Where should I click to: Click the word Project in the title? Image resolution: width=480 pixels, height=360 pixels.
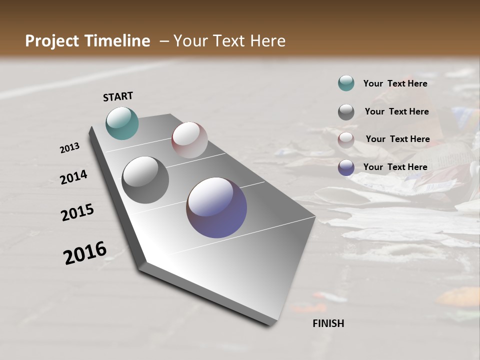click(51, 41)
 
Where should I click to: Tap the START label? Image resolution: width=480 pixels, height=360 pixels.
click(118, 96)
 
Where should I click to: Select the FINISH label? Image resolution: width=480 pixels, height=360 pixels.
click(328, 323)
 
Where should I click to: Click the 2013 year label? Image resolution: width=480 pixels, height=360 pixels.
click(70, 148)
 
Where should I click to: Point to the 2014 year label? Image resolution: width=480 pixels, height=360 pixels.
click(74, 177)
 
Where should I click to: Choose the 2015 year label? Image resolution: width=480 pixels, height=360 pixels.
click(77, 212)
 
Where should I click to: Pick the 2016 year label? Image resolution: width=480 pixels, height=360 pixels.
click(85, 253)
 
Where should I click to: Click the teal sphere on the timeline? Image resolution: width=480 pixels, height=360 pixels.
click(122, 123)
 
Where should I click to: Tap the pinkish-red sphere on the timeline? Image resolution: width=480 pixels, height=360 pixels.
click(189, 140)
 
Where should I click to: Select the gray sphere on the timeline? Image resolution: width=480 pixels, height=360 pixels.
click(145, 180)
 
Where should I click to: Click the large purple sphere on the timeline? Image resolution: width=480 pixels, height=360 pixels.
click(216, 207)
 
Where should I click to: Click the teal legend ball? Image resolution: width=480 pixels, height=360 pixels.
click(346, 83)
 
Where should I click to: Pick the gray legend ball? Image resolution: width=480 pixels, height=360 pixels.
click(346, 112)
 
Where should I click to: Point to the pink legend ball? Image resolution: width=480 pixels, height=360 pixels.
click(346, 140)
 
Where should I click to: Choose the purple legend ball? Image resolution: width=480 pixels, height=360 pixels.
click(346, 167)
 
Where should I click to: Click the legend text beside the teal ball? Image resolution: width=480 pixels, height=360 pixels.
click(395, 84)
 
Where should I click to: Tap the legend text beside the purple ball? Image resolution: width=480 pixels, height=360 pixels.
click(395, 167)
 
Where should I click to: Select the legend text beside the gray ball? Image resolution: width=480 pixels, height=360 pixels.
click(396, 111)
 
